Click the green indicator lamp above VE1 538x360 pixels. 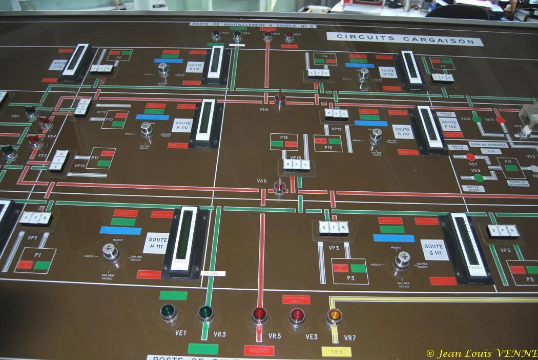(x=168, y=312)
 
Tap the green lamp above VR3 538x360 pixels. (x=206, y=313)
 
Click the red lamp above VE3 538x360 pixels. (x=297, y=316)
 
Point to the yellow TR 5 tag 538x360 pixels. (x=336, y=352)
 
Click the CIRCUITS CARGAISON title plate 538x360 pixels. (x=405, y=38)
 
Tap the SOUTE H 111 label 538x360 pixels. (x=158, y=243)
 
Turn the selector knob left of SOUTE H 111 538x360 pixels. (x=111, y=251)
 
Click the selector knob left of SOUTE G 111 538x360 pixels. (x=402, y=259)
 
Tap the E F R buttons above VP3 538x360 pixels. (x=334, y=228)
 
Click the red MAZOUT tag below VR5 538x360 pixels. (x=259, y=351)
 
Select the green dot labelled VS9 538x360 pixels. (x=479, y=178)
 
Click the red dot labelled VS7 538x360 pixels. (x=470, y=157)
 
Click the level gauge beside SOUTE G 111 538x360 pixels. (x=467, y=247)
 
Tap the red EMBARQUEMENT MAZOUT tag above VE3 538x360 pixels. (x=296, y=299)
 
